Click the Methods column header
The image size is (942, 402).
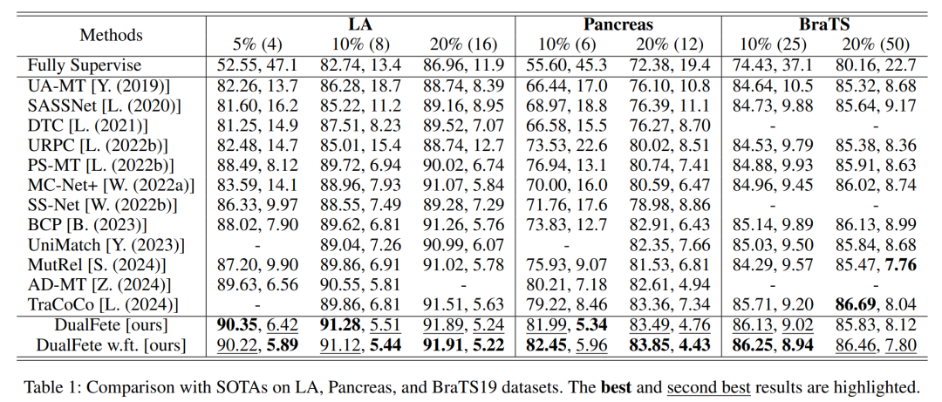pyautogui.click(x=111, y=35)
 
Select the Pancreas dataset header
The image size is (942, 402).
pyautogui.click(x=618, y=24)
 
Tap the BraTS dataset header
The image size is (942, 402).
pyautogui.click(x=824, y=24)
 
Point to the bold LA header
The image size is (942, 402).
pyautogui.click(x=359, y=24)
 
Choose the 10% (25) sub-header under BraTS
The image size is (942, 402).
pyautogui.click(x=772, y=44)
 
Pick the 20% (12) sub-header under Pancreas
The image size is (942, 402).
pyautogui.click(x=670, y=44)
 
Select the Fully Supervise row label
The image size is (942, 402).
pyautogui.click(x=84, y=65)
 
